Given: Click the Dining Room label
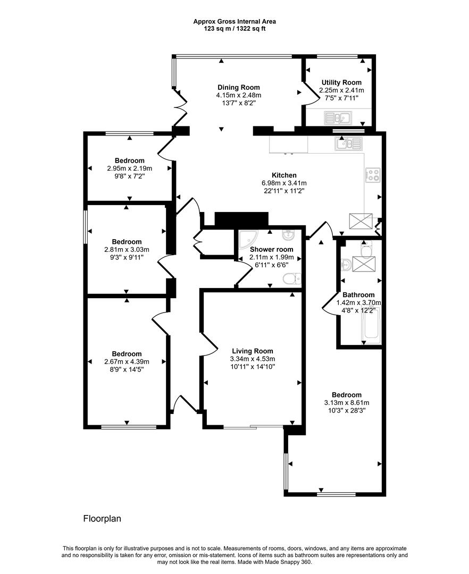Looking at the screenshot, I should coord(238,88).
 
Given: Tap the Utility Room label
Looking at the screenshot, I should coord(341,83).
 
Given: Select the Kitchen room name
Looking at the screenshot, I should coord(284,175).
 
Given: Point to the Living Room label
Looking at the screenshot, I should coord(253,351).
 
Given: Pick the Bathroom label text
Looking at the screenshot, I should coord(358,295).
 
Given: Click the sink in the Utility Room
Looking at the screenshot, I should coord(337,117).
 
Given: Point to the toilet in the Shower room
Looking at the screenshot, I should coord(292,278).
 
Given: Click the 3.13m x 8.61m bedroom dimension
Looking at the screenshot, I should coord(346,402).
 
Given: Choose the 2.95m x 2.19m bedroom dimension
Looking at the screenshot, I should coord(129,168).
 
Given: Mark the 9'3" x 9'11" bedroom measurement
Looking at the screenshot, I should coord(127,257).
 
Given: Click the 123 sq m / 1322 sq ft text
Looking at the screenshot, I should coord(234,29).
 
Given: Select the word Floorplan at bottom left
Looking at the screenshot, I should coord(102,518).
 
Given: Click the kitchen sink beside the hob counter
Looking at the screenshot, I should coord(349,142).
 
